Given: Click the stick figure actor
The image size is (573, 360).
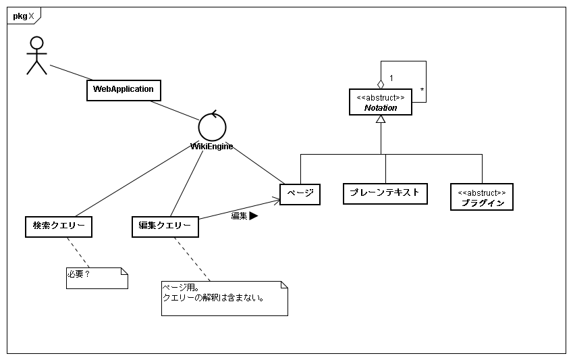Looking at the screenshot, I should tap(36, 55).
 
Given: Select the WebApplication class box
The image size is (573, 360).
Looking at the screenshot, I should tap(124, 89).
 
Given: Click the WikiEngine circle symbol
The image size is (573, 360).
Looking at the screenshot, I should tap(212, 126).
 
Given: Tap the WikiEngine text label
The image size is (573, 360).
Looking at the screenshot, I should tap(212, 146).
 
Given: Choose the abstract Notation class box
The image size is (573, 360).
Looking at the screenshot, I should tap(381, 102).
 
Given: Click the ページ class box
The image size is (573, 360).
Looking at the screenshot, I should tap(300, 194).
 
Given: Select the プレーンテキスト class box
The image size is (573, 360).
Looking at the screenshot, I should tap(385, 193).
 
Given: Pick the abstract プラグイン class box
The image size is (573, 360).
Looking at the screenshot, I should tap(482, 197).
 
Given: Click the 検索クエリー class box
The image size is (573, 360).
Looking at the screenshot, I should tap(58, 226).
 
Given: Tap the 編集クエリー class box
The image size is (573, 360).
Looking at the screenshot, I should tap(165, 226).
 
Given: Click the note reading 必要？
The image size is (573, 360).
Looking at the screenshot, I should tap(97, 278).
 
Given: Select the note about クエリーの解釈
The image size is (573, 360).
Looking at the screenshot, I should tap(224, 298).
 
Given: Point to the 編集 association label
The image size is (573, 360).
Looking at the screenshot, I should tap(239, 216).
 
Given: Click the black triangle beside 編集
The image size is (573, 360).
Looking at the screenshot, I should tap(254, 216).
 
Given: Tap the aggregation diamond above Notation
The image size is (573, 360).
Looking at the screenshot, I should tap(381, 84).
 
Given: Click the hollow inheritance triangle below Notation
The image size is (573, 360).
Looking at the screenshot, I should tap(381, 120).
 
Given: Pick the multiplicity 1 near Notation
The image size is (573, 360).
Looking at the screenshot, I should tap(391, 78).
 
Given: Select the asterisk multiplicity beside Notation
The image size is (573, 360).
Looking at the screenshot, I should tap(421, 89).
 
